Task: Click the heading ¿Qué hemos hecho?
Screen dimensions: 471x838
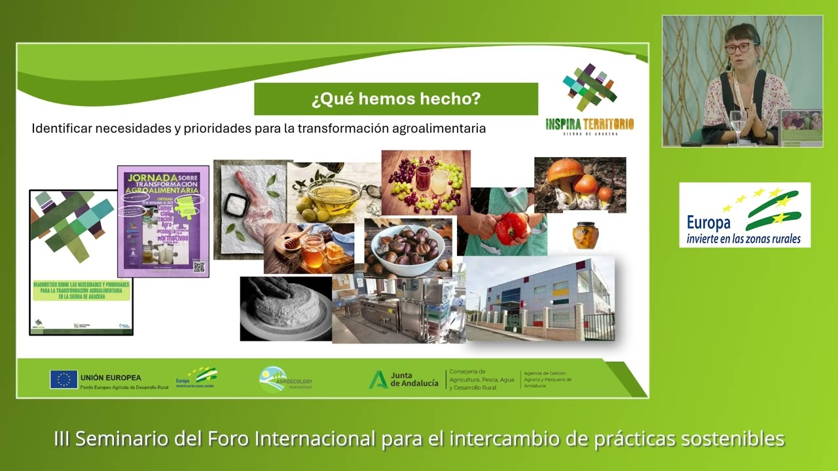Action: [396, 99]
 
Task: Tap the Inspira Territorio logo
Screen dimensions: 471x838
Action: [589, 98]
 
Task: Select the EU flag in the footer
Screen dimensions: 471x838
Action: [64, 379]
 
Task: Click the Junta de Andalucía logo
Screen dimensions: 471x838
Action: [403, 379]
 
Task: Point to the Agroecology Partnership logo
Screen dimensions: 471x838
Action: [285, 379]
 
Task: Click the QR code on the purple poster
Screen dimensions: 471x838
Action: [199, 266]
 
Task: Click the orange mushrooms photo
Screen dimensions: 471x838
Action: [580, 184]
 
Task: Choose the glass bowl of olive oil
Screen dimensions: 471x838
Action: [333, 192]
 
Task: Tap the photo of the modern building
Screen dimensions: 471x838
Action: [540, 298]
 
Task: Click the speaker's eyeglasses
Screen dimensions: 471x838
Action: [738, 48]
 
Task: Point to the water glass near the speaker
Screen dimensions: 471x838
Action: [738, 124]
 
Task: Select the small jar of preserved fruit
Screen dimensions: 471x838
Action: [585, 235]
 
